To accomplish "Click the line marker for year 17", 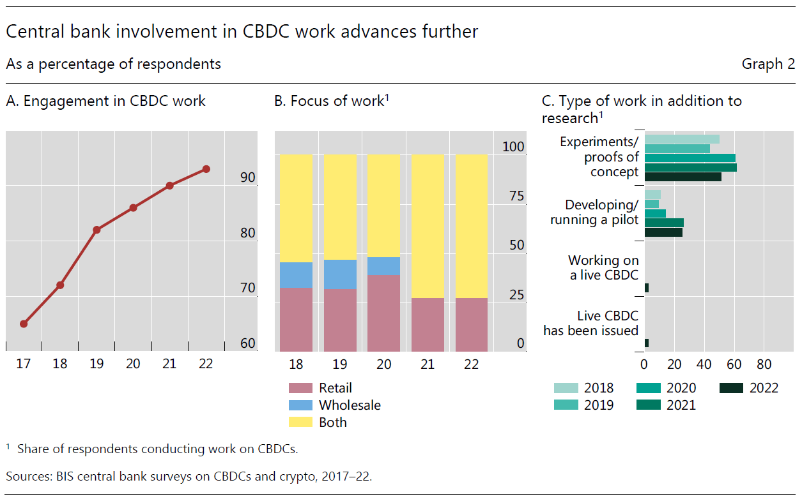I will click(24, 324).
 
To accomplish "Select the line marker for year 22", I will click(206, 169).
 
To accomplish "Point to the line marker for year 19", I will click(96, 230).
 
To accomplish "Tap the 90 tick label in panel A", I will click(248, 178).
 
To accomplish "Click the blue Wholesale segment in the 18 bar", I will click(296, 275).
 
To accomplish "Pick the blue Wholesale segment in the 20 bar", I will click(383, 266).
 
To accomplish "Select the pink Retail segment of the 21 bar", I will click(427, 324).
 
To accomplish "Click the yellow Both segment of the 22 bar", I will click(471, 226).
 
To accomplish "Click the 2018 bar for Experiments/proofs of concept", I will click(682, 139).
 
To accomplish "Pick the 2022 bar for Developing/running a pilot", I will click(663, 232).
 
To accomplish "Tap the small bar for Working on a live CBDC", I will click(647, 288).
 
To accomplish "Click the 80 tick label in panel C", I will click(764, 364).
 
